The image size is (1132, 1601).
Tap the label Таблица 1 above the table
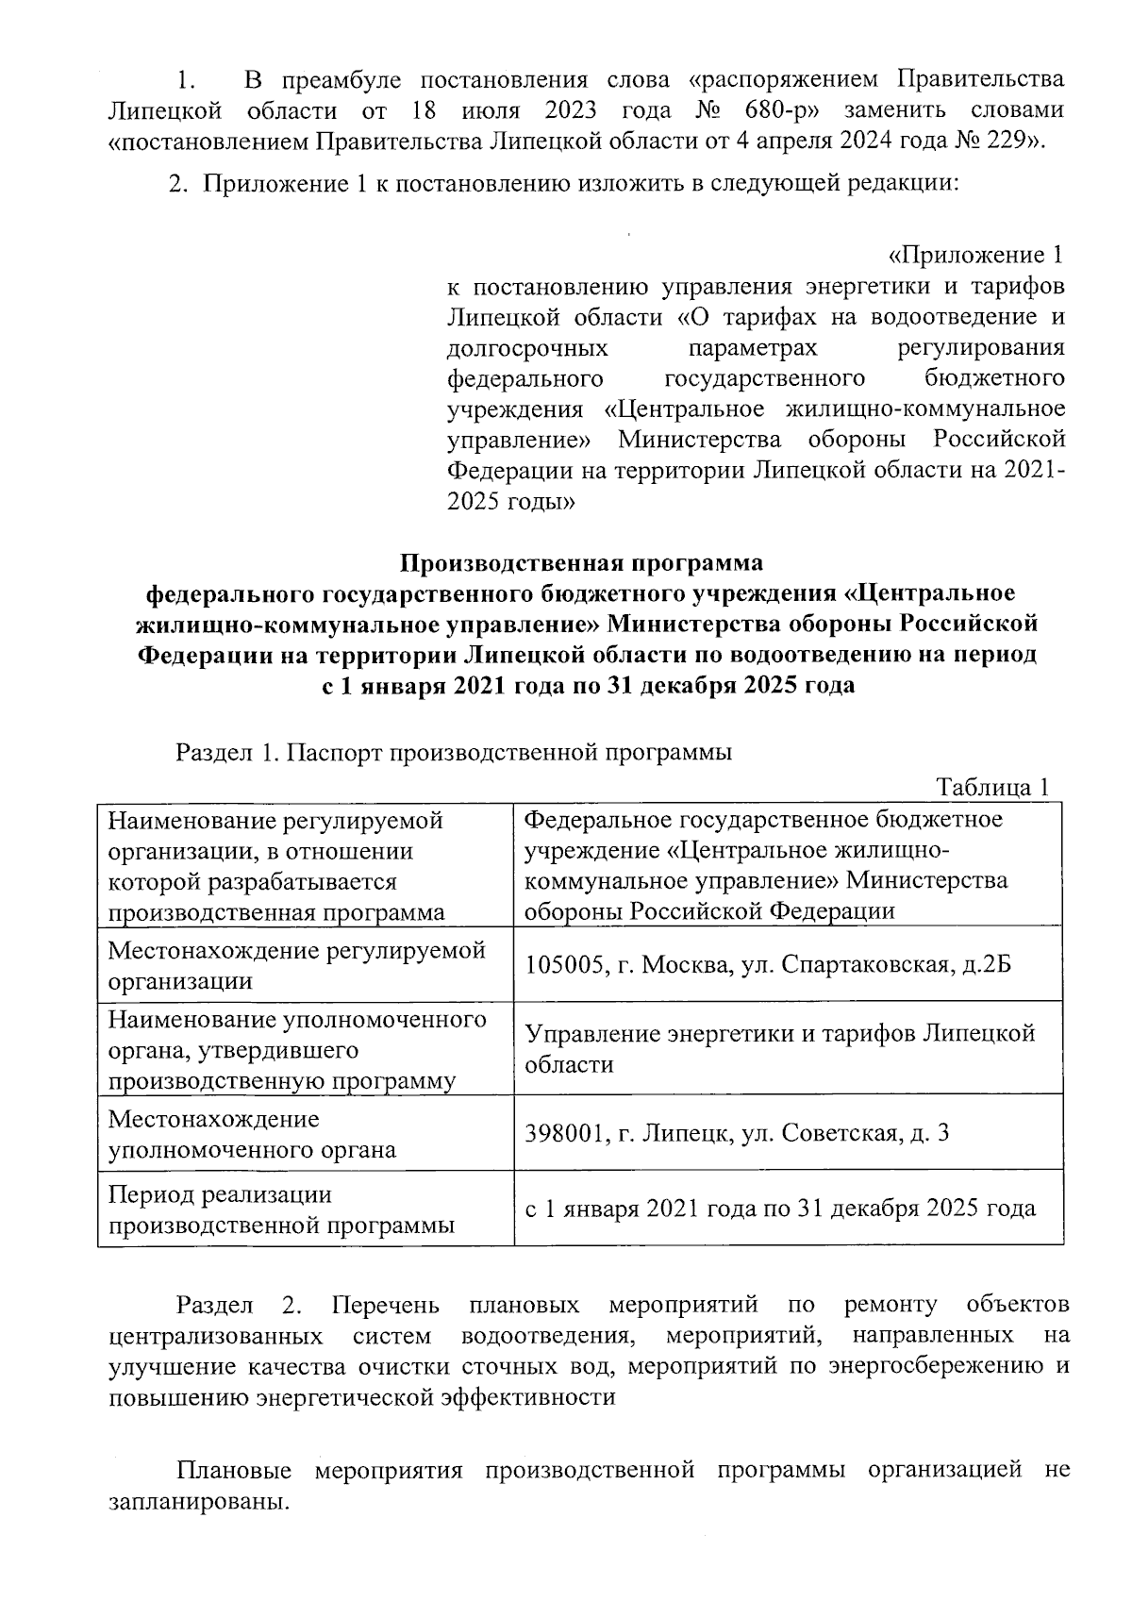pyautogui.click(x=991, y=789)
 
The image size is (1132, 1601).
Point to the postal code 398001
pyautogui.click(x=564, y=1133)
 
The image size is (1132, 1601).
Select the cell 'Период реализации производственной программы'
pyautogui.click(x=282, y=1210)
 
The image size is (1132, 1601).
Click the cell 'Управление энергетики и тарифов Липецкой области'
pyautogui.click(x=779, y=1049)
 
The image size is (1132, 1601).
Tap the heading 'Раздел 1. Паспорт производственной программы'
pyautogui.click(x=454, y=753)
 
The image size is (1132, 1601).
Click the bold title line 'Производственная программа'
pyautogui.click(x=581, y=563)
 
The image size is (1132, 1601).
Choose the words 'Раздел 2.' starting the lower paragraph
pyautogui.click(x=238, y=1305)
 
